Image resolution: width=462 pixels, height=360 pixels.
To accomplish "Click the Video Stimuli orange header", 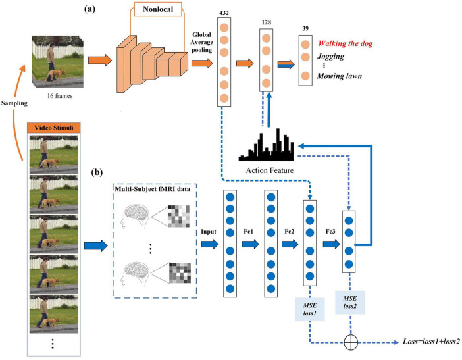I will (53, 127).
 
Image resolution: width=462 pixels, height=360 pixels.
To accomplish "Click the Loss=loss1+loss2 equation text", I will (430, 343).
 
